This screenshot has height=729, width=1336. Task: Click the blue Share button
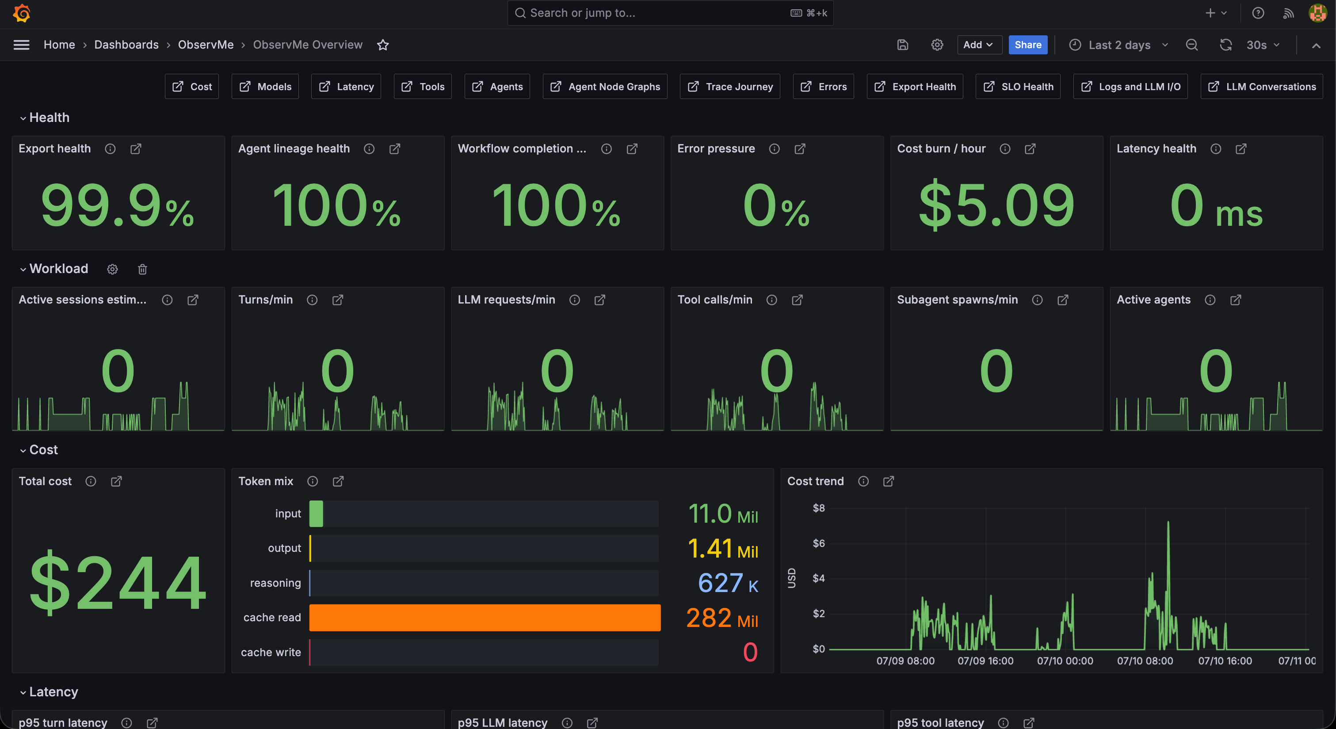1027,45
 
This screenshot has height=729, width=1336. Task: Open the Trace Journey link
730,87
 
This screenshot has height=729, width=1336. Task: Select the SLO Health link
1018,87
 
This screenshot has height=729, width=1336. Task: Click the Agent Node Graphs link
605,87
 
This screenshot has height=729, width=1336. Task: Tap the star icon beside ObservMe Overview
383,45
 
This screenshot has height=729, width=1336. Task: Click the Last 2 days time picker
1118,45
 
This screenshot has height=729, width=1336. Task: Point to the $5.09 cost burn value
996,205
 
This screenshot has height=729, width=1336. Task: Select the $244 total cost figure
118,582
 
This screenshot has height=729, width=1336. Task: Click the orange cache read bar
485,618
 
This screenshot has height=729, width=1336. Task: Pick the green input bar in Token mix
316,513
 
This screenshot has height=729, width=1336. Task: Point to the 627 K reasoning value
728,583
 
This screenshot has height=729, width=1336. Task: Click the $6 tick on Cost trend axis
818,543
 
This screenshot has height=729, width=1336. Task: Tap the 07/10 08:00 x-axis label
1145,661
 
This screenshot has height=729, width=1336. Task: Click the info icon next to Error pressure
774,149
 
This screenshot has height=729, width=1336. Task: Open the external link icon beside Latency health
1241,149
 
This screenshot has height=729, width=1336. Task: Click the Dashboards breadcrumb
126,45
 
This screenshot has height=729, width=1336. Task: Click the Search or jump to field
670,13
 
